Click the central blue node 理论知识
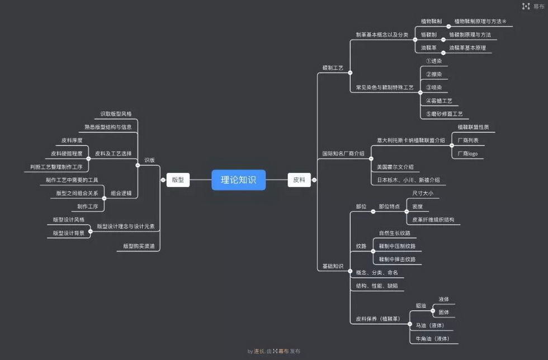(238, 180)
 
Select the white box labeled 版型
(178, 180)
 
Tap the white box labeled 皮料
(299, 180)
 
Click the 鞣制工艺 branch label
(333, 68)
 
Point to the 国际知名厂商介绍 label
(343, 153)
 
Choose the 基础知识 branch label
(333, 266)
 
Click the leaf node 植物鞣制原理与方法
(480, 21)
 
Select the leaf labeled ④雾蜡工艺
(438, 101)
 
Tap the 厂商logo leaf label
(467, 154)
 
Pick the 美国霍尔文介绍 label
(395, 167)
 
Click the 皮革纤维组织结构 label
(433, 220)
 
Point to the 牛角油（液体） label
(433, 339)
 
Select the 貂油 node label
(421, 306)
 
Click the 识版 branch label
(149, 160)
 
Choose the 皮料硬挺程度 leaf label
(67, 153)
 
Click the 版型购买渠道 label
(139, 246)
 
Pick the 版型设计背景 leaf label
(69, 233)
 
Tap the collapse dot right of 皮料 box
(314, 180)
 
